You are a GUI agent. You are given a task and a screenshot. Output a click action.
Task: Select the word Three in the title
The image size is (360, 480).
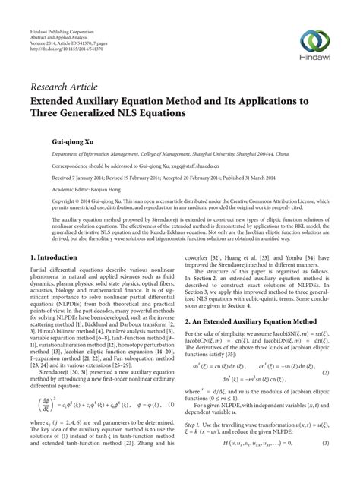click(47, 114)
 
